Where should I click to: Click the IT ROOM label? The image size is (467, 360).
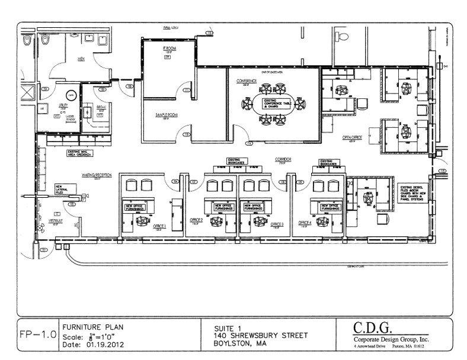(x=167, y=49)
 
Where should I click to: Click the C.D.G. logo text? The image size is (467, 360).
(x=379, y=327)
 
